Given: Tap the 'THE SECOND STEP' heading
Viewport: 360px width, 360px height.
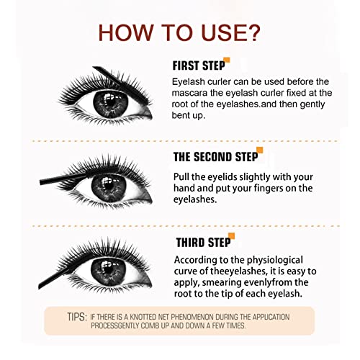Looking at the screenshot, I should click(213, 156).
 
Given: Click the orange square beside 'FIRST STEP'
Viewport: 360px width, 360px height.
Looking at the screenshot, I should click(227, 60).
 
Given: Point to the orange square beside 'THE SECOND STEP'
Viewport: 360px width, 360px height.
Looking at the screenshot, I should click(259, 150).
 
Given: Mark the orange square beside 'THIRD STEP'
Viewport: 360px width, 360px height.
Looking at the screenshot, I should click(232, 235).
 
